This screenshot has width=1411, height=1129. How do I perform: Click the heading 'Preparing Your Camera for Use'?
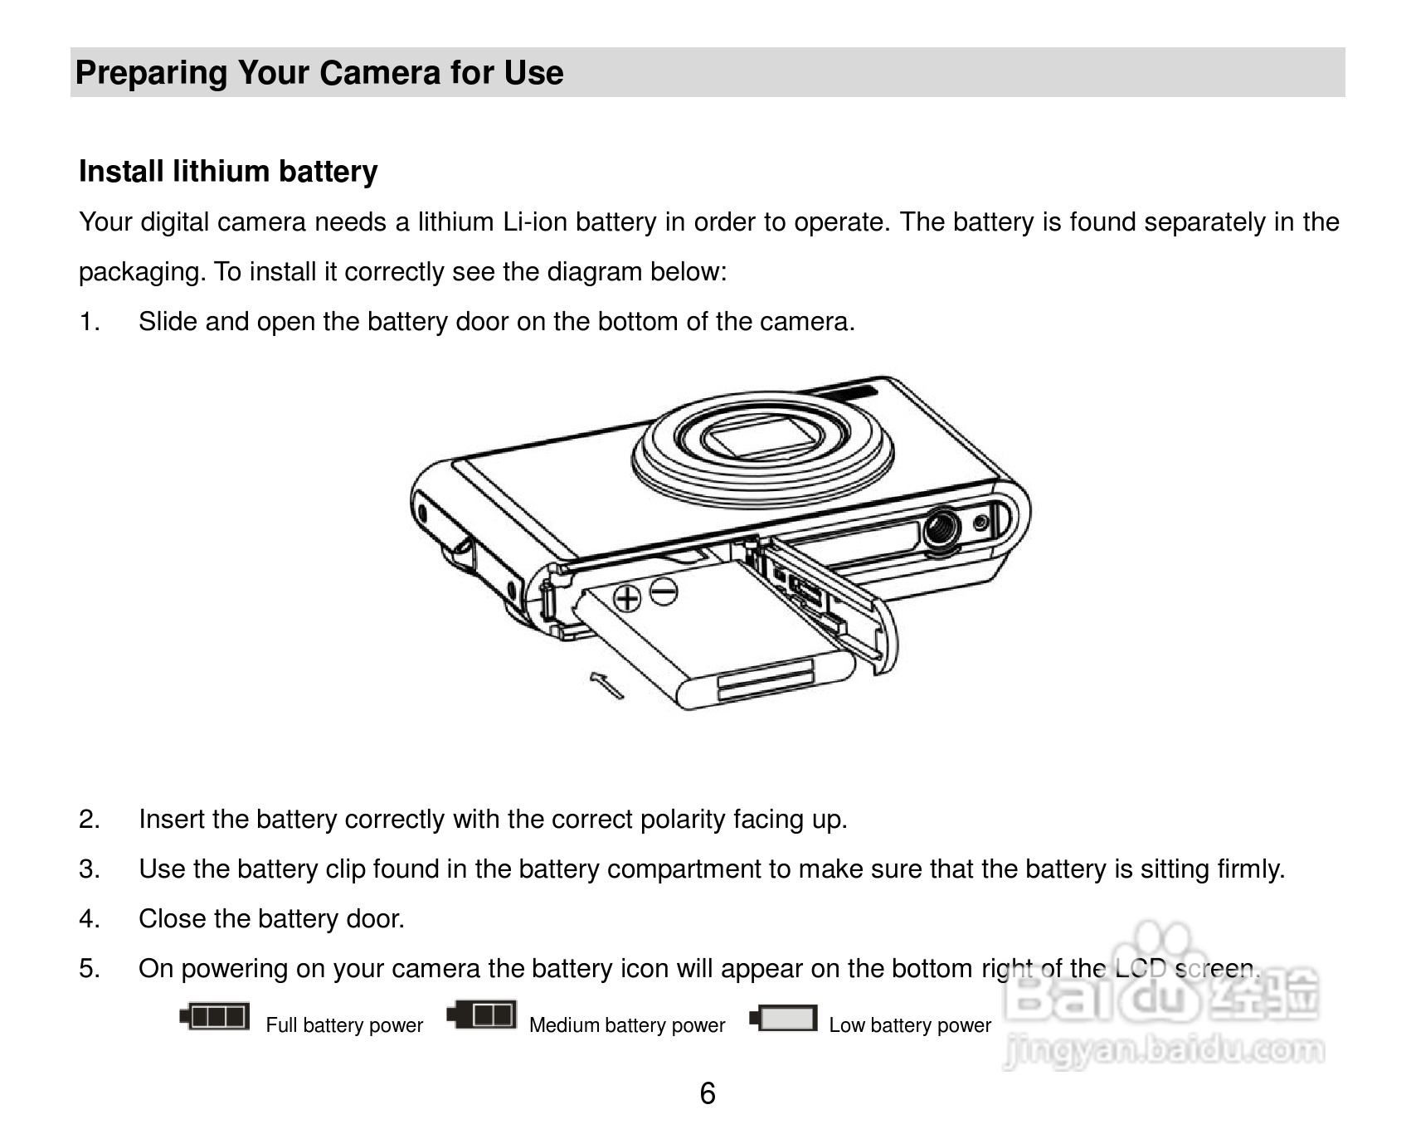[x=319, y=73]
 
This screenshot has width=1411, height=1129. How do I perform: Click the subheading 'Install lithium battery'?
[x=228, y=172]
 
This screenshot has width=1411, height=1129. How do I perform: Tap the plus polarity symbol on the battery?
[x=627, y=597]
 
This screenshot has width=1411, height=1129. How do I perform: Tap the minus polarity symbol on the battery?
[x=664, y=591]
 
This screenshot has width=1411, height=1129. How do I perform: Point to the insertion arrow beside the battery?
[x=606, y=686]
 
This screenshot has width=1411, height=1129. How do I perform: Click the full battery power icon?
[x=215, y=1016]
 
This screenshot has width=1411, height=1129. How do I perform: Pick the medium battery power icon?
[x=482, y=1014]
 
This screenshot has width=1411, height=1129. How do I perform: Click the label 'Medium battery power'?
[x=627, y=1025]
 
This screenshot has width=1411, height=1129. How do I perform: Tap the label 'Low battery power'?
[x=910, y=1025]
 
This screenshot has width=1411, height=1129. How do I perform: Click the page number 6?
[x=708, y=1093]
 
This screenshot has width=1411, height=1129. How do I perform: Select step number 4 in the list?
[x=90, y=918]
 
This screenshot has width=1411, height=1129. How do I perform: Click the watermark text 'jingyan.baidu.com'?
[x=1163, y=1051]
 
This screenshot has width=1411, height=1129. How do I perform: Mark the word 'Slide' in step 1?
[x=168, y=322]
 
